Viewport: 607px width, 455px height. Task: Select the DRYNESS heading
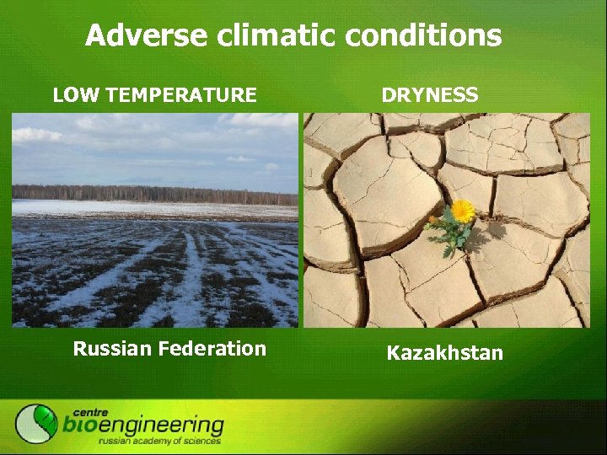pos(430,95)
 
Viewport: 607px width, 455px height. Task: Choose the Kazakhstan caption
pos(444,353)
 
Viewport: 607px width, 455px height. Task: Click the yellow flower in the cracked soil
pos(462,211)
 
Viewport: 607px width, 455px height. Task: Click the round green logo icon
pos(36,423)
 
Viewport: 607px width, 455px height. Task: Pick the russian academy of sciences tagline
pos(159,441)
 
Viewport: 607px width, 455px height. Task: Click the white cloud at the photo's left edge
pos(34,135)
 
